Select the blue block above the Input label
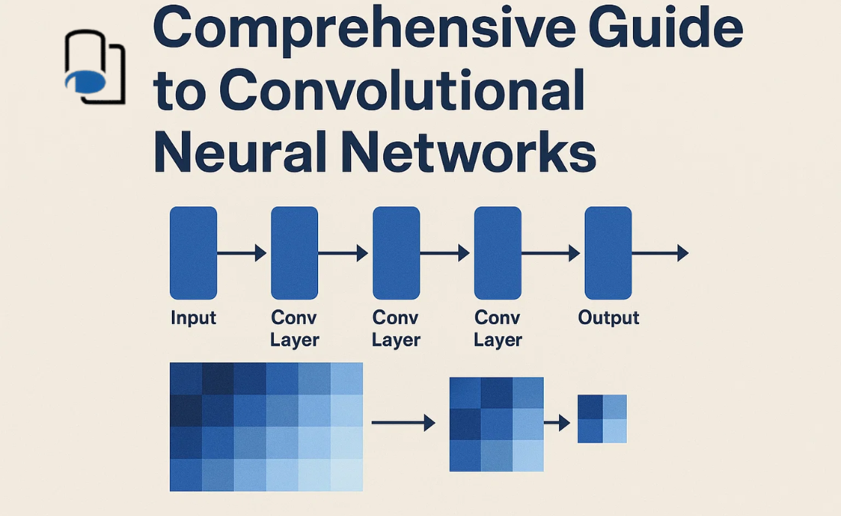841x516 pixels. (193, 253)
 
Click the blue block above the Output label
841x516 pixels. (608, 253)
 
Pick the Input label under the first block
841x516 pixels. (193, 318)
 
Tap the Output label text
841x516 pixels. (609, 318)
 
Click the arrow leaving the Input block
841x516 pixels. (242, 253)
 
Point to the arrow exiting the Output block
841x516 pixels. (660, 253)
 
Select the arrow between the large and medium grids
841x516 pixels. (403, 422)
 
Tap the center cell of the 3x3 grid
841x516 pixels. (496, 424)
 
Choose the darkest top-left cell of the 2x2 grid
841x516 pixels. (589, 407)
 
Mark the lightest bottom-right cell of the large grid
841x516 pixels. (346, 475)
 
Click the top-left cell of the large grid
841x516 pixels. (186, 378)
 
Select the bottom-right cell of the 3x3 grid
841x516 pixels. (528, 456)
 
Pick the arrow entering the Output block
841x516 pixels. (551, 253)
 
